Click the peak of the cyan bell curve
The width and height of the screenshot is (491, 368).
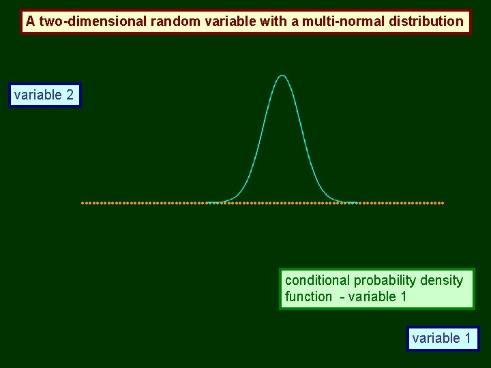click(282, 75)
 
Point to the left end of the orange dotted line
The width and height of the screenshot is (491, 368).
click(83, 202)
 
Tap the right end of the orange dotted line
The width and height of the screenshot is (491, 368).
click(442, 202)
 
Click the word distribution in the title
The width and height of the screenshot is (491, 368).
click(426, 21)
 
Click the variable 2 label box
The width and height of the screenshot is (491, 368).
click(44, 95)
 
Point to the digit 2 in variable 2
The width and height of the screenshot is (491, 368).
click(70, 95)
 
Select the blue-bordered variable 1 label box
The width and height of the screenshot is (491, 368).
click(442, 338)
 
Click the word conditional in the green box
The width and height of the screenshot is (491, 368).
click(316, 280)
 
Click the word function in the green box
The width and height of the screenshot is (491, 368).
click(308, 296)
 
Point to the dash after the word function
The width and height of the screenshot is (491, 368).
click(342, 297)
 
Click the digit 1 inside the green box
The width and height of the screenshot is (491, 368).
click(403, 296)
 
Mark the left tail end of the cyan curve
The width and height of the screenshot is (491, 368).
click(207, 202)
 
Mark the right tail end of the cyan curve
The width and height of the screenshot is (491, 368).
click(357, 202)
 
